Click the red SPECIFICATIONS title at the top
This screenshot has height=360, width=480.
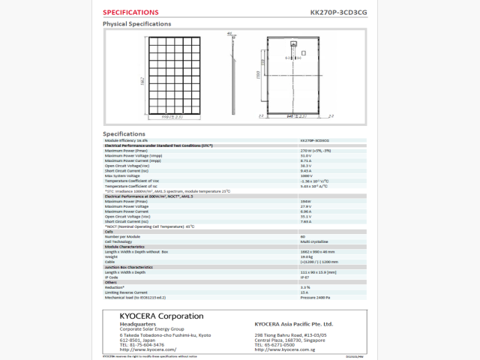click(130, 12)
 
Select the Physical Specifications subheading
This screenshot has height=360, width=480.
click(136, 24)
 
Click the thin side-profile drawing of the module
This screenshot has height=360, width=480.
click(231, 75)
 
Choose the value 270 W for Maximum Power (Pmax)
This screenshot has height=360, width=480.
click(310, 151)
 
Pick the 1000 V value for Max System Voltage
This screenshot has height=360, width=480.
click(306, 175)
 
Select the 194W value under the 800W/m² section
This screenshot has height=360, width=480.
click(304, 201)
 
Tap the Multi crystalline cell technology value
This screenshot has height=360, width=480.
click(313, 241)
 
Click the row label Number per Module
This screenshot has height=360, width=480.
click(122, 236)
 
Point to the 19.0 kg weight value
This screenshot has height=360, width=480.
click(306, 256)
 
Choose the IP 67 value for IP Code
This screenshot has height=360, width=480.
click(304, 277)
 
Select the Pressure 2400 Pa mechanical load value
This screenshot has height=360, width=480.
click(315, 297)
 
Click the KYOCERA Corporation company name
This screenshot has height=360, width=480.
click(160, 316)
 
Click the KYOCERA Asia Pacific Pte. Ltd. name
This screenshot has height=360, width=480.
click(293, 323)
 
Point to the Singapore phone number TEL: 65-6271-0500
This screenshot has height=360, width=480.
click(286, 344)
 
